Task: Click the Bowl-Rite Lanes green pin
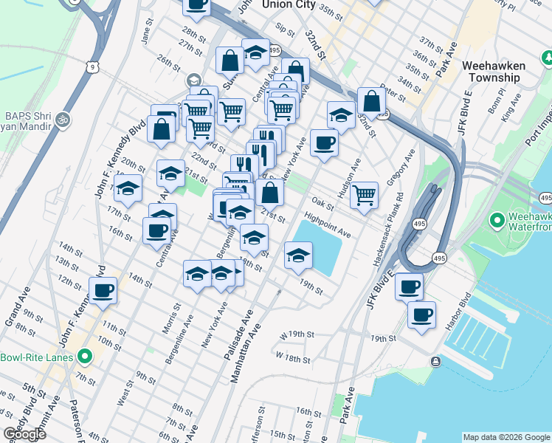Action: tap(86, 358)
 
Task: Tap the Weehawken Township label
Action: tap(493, 72)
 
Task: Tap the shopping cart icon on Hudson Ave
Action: tap(364, 196)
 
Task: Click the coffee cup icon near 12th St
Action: tap(103, 290)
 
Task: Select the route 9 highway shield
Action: tap(91, 66)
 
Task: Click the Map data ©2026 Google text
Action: tap(506, 437)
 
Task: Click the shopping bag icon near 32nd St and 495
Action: tap(371, 101)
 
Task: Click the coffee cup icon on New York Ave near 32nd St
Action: tap(323, 143)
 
